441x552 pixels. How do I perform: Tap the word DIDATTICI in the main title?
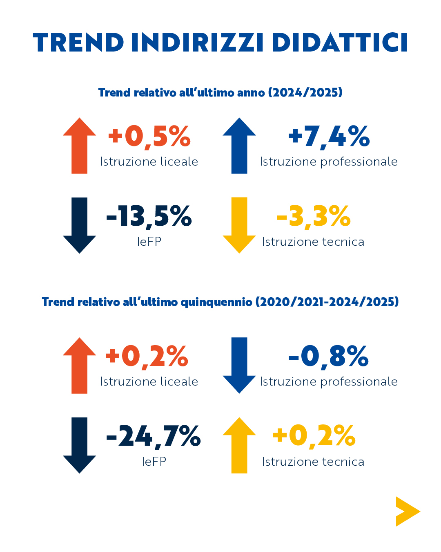coord(340,42)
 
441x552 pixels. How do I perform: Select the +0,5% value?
coord(149,136)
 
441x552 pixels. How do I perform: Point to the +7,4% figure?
coord(329,136)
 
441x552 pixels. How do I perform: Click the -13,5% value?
coord(149,216)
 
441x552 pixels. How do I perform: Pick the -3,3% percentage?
coord(313,216)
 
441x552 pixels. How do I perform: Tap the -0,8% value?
coord(328,356)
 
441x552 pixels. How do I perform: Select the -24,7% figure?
coord(153,436)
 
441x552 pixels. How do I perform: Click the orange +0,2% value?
coord(147,356)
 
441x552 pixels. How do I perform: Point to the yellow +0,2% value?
coord(314,436)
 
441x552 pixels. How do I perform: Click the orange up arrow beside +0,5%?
coord(80,146)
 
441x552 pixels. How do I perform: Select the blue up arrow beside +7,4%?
coord(239,146)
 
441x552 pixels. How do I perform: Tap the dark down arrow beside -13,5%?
coord(80,225)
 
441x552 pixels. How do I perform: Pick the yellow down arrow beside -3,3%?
coord(239,225)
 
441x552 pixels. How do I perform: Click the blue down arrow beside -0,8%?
coord(239,365)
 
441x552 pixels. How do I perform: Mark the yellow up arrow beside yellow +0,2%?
coord(239,445)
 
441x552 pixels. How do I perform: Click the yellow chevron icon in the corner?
coord(407,512)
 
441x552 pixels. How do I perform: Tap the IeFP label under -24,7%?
coord(154,462)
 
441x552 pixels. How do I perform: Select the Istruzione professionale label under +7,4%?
coord(329,162)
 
